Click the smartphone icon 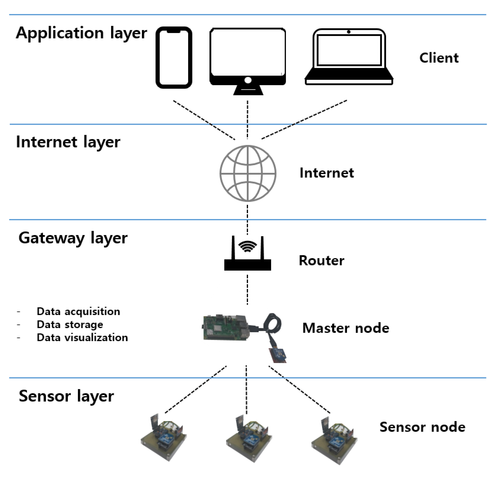[x=174, y=58]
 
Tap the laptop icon [x=349, y=57]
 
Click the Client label [x=439, y=58]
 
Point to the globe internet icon [x=248, y=173]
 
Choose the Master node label [x=346, y=328]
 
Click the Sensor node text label [x=422, y=427]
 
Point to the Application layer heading [x=81, y=33]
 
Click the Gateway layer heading [x=73, y=238]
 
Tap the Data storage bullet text [x=70, y=325]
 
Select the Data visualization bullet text [x=82, y=338]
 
